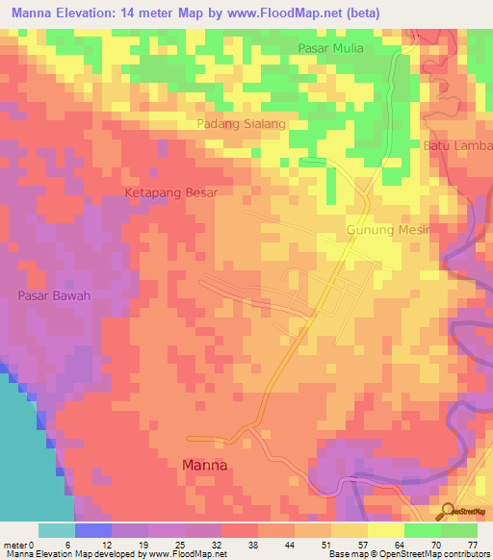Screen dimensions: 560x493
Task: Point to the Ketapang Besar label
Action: click(x=171, y=192)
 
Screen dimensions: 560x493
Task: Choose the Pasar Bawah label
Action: click(x=53, y=295)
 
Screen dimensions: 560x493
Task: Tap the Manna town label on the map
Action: click(x=205, y=464)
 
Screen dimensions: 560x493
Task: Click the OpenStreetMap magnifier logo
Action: click(x=448, y=510)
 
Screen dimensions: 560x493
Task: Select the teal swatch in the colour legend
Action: click(x=57, y=530)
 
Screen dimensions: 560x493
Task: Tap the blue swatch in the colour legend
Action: click(x=93, y=530)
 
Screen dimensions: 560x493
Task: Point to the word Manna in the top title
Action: click(x=37, y=13)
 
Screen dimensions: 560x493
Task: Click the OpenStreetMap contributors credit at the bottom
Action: click(x=433, y=554)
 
